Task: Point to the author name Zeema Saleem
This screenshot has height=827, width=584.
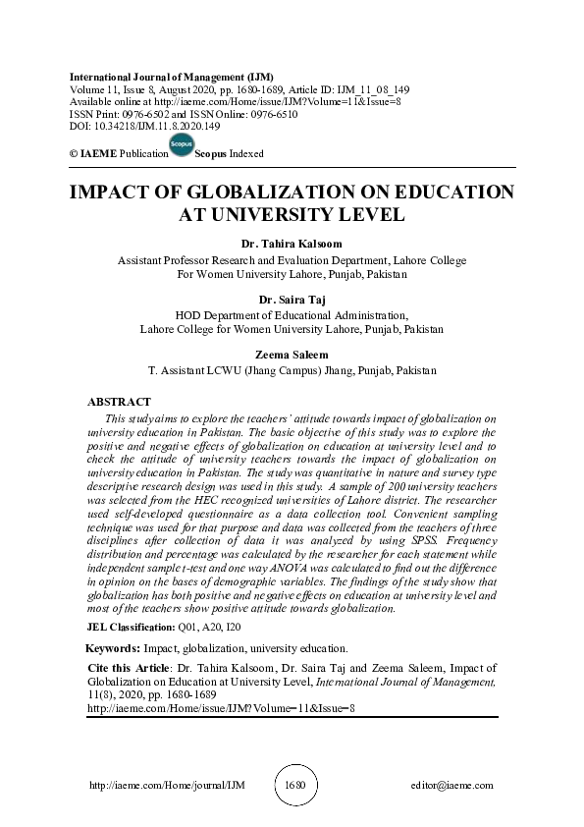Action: click(292, 355)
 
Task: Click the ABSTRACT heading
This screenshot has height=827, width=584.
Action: click(119, 403)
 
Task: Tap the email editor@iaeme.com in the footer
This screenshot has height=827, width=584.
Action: click(452, 786)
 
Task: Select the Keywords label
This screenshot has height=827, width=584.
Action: click(112, 649)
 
